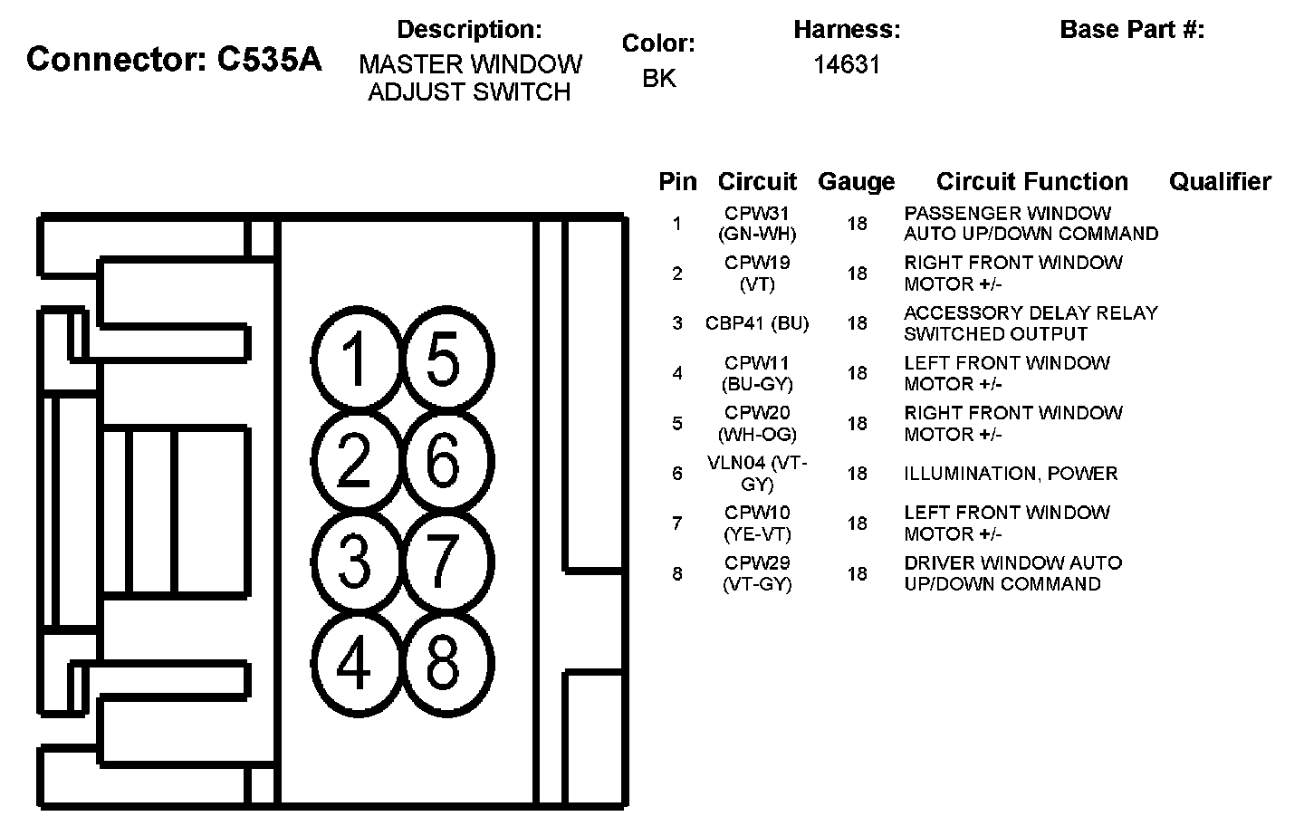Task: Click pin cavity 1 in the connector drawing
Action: (356, 360)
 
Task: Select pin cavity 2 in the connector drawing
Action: (356, 460)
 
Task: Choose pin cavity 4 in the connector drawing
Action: (356, 662)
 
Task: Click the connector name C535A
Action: (174, 60)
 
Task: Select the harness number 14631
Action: (847, 65)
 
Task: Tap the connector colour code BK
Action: (658, 79)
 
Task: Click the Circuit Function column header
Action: (1031, 182)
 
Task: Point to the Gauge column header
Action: (856, 182)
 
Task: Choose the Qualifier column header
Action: (1220, 182)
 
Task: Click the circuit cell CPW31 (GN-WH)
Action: (757, 224)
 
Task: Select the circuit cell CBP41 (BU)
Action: (757, 323)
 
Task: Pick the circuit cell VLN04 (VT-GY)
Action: (757, 474)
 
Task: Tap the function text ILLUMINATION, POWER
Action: (1011, 474)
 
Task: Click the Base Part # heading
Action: (1132, 30)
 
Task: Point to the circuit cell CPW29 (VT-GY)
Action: (757, 573)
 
